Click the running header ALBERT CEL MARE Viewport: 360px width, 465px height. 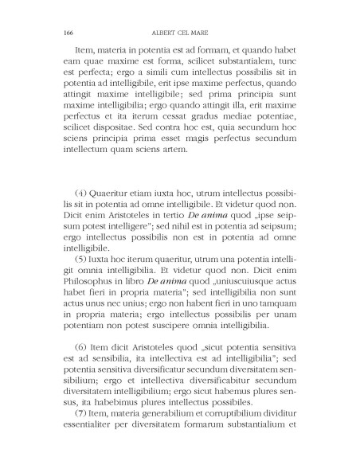click(179, 33)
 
